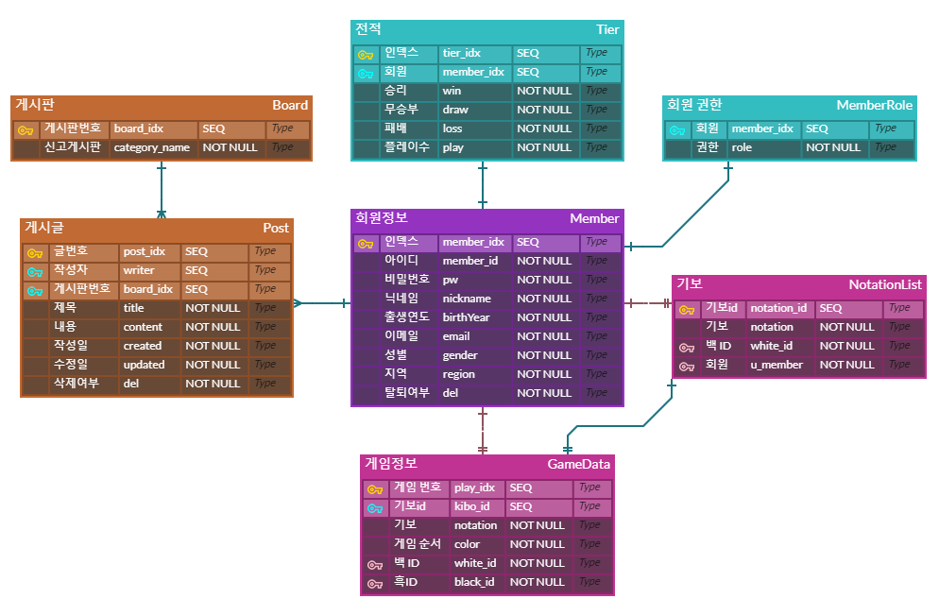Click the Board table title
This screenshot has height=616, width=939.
(x=290, y=105)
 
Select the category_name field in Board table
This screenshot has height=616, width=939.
(x=151, y=147)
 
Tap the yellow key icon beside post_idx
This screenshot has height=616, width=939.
(x=35, y=252)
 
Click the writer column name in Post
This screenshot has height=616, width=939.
(x=139, y=270)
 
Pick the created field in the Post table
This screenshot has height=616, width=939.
(x=143, y=346)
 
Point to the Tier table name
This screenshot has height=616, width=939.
(x=607, y=29)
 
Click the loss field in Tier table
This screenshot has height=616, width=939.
(x=452, y=128)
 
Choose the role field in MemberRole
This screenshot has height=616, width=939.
(x=742, y=147)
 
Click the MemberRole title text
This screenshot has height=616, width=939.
(x=874, y=105)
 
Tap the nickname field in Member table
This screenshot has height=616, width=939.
(x=467, y=299)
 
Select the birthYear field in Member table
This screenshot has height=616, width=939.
(x=467, y=317)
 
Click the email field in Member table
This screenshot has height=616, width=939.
(x=456, y=336)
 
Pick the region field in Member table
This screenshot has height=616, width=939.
(x=459, y=374)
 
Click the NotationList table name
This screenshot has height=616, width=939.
(x=884, y=284)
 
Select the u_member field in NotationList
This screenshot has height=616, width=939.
(x=777, y=365)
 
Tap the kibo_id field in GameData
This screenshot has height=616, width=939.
(x=471, y=506)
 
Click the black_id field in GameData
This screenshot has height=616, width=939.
(x=474, y=582)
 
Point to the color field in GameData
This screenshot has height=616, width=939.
(x=467, y=544)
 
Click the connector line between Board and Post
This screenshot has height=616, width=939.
(x=161, y=189)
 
